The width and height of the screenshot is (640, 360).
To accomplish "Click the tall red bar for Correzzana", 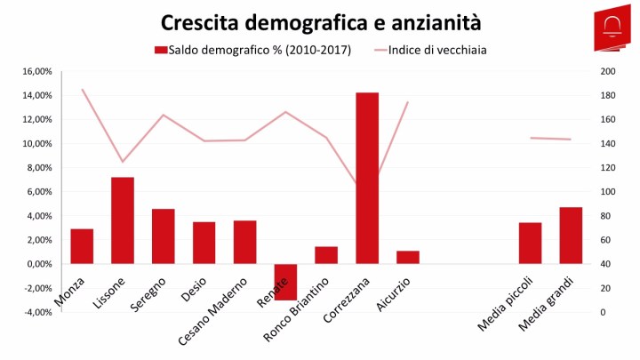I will pos(367,178).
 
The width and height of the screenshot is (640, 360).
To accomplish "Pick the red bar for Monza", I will pos(82,246).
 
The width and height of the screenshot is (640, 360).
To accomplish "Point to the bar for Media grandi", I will pos(571,236).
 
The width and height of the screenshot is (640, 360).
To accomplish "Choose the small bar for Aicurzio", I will pos(407,257).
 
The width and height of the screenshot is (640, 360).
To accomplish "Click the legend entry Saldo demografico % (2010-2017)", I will pos(252,50).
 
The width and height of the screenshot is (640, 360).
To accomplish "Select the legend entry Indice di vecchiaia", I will pos(436,50).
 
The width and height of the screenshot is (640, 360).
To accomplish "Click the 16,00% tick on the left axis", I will pos(36,71).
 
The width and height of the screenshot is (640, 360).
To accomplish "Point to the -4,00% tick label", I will pos(36,312).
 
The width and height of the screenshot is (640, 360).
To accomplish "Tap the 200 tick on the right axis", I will pos(608,71).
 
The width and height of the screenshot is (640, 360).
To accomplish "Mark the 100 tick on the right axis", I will pos(608,192).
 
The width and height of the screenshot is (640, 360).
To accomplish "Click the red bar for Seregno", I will pos(163,236).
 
